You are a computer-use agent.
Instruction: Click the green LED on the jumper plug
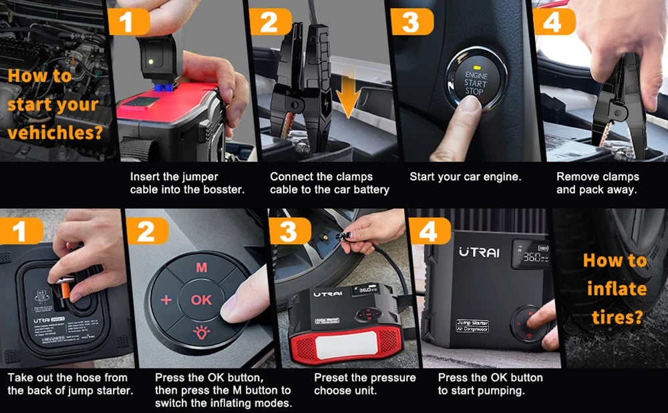click(x=151, y=62)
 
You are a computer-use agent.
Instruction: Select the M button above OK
click(x=201, y=268)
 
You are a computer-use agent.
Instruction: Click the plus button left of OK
click(x=166, y=300)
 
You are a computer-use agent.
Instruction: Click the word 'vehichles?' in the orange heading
click(x=55, y=133)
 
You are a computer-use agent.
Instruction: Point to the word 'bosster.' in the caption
click(x=222, y=190)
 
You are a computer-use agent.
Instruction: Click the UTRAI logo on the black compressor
click(x=478, y=252)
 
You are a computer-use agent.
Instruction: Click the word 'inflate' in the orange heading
click(x=616, y=289)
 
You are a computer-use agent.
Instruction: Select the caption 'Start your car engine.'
click(x=465, y=177)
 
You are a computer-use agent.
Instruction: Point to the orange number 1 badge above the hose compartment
click(x=21, y=231)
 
